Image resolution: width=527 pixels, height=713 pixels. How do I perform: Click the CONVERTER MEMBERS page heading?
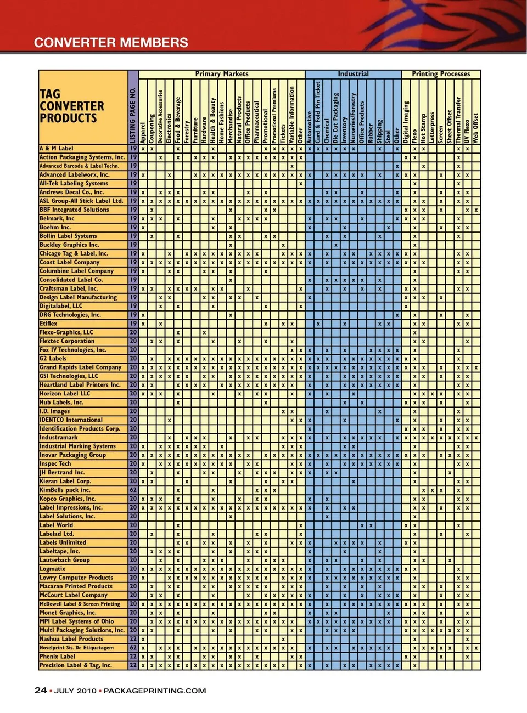pyautogui.click(x=111, y=43)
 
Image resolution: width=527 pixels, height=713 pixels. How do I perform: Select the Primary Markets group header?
pyautogui.click(x=222, y=74)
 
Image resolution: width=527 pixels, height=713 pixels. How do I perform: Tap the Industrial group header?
pyautogui.click(x=353, y=74)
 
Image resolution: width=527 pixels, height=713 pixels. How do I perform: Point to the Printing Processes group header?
pyautogui.click(x=441, y=74)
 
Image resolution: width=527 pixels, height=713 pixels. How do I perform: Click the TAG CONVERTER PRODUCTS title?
pyautogui.click(x=71, y=106)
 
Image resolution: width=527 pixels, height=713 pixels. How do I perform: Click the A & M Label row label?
pyautogui.click(x=56, y=149)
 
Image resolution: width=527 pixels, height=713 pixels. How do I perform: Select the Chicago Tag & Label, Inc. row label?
pyautogui.click(x=74, y=254)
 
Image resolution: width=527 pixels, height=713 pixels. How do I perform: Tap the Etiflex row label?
pyautogui.click(x=48, y=324)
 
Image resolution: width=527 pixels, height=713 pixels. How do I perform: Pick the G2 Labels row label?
pyautogui.click(x=53, y=359)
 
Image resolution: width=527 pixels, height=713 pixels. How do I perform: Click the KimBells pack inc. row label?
pyautogui.click(x=65, y=490)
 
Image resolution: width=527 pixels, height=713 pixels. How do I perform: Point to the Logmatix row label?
pyautogui.click(x=52, y=569)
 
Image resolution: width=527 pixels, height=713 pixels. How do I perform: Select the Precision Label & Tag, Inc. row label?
pyautogui.click(x=75, y=665)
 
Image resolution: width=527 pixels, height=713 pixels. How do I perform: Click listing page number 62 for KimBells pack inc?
pyautogui.click(x=133, y=490)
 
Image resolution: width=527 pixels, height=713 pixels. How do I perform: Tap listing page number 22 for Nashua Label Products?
pyautogui.click(x=133, y=639)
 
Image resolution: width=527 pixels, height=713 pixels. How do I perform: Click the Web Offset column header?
pyautogui.click(x=476, y=128)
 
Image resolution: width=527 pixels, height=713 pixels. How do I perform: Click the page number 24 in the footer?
pyautogui.click(x=40, y=691)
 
